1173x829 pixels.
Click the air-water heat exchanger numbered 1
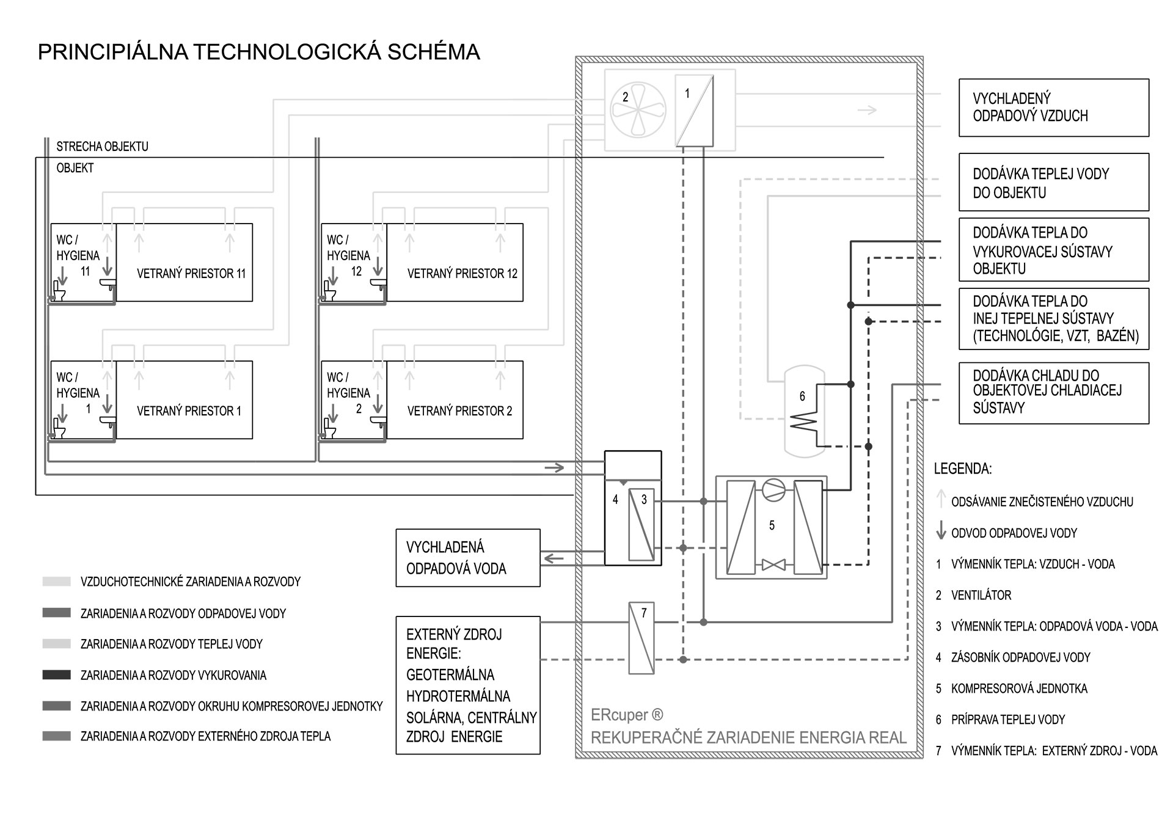coord(695,111)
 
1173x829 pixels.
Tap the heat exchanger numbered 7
coord(641,638)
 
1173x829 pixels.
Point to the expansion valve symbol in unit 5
coord(774,565)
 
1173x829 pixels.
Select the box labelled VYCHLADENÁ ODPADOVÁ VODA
coord(467,558)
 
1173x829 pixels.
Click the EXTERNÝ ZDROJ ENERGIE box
coord(467,685)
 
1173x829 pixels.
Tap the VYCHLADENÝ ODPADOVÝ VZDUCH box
coord(1053,108)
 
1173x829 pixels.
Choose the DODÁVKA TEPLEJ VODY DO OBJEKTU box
coord(1053,183)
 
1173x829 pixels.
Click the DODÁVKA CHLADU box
coord(1053,393)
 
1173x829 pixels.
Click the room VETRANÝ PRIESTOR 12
coord(462,274)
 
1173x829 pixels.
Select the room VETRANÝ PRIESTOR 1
coord(189,411)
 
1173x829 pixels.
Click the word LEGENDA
coord(962,469)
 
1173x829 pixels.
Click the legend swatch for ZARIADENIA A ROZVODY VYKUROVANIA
coord(57,675)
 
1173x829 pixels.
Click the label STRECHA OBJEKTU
coord(102,147)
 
